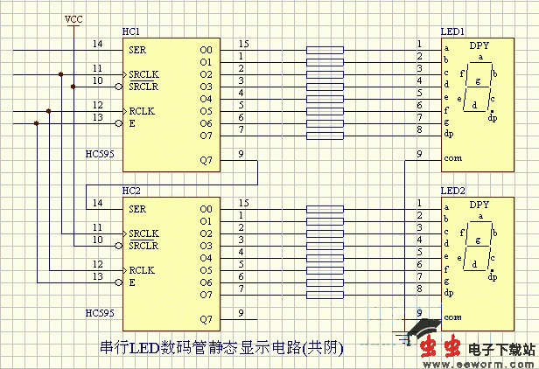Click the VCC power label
pyautogui.click(x=74, y=17)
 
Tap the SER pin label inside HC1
pyautogui.click(x=137, y=49)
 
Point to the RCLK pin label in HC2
pyautogui.click(x=143, y=270)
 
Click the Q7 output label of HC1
pyautogui.click(x=206, y=160)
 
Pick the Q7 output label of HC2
pyautogui.click(x=206, y=319)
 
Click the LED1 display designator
pyautogui.click(x=451, y=31)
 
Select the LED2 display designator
pyautogui.click(x=451, y=191)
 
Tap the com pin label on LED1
pyautogui.click(x=451, y=158)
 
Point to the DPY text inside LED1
pyautogui.click(x=479, y=45)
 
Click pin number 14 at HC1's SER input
pyautogui.click(x=96, y=44)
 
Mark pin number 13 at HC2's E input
pyautogui.click(x=96, y=276)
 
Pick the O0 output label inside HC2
pyautogui.click(x=206, y=209)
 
